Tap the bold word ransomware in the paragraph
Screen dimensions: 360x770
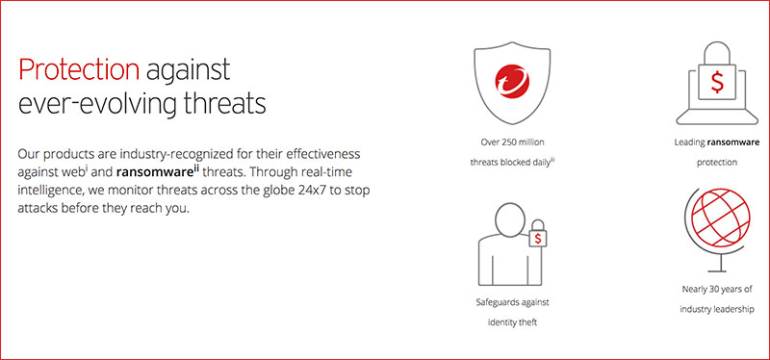tap(167, 172)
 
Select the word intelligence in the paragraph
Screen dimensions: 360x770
tap(58, 191)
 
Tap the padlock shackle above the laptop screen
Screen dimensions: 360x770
tap(719, 51)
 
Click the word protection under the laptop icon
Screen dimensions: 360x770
tap(716, 162)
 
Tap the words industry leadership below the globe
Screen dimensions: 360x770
tap(716, 308)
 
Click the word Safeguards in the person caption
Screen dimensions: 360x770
tap(487, 302)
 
